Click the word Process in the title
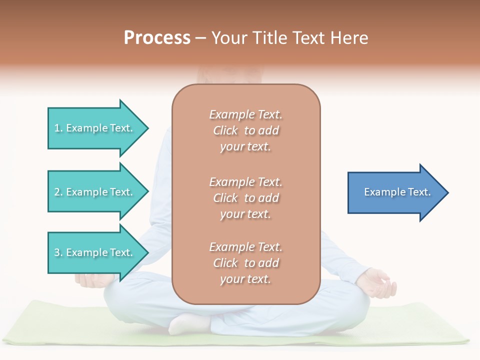pos(157,38)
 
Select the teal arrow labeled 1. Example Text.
pos(95,128)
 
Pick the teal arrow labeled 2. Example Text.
pos(95,192)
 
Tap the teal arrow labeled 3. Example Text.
pos(95,252)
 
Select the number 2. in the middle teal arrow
pos(58,192)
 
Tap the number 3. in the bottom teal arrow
pos(58,252)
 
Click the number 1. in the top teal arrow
pos(58,128)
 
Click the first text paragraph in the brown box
pos(245,130)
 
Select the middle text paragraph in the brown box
pos(245,198)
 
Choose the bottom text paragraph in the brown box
pos(245,263)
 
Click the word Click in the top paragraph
pos(225,130)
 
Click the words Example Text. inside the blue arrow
pos(397,192)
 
